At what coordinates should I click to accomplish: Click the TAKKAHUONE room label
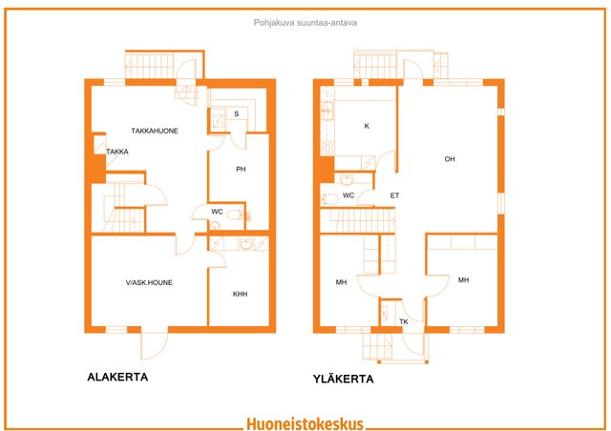(155, 131)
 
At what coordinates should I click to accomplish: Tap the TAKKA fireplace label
(117, 152)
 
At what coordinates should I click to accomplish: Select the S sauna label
(236, 113)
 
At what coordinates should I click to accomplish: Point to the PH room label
(241, 169)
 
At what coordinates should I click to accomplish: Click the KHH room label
(240, 294)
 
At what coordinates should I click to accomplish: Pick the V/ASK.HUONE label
(149, 282)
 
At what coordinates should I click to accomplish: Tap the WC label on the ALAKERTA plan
(217, 212)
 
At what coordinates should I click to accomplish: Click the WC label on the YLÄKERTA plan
(348, 195)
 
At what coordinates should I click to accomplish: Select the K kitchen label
(367, 126)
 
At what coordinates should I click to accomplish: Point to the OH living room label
(450, 159)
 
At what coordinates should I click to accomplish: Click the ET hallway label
(394, 195)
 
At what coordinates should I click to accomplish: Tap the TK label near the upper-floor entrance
(404, 321)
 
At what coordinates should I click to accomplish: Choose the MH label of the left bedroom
(341, 282)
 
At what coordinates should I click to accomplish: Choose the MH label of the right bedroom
(463, 280)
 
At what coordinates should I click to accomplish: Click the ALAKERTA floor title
(117, 378)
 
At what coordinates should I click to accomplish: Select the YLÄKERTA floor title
(344, 379)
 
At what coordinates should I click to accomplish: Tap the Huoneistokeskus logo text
(305, 423)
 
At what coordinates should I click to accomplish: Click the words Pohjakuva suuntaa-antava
(305, 23)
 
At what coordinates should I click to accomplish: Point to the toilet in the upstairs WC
(329, 199)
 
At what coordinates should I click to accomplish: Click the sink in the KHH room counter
(245, 244)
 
